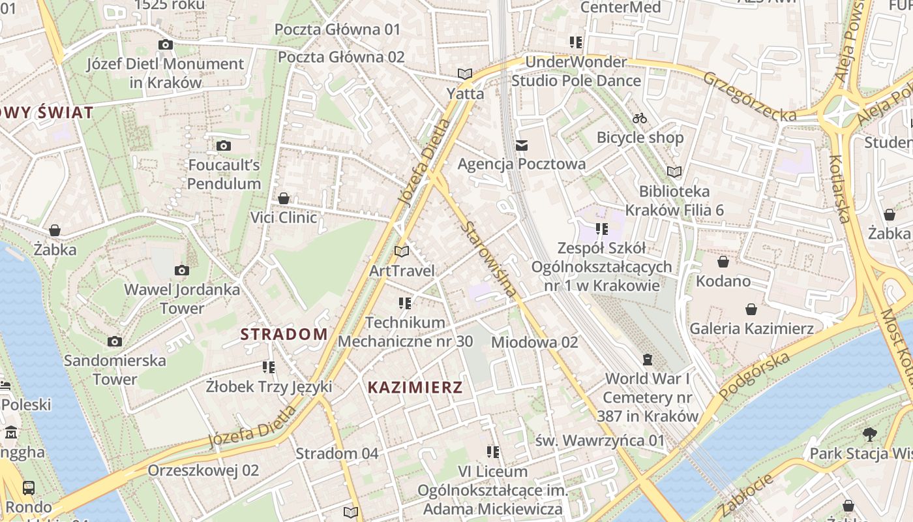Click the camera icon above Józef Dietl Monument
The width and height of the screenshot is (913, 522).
[166, 44]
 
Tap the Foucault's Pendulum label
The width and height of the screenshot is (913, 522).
[224, 174]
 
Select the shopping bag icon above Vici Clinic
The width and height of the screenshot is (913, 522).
[284, 198]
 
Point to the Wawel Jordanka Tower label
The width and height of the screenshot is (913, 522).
[182, 298]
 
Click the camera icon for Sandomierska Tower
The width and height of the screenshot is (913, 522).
[115, 341]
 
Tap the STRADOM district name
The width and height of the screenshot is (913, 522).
[284, 334]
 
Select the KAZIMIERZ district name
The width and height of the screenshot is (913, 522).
[415, 387]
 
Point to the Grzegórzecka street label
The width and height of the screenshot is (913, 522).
[749, 96]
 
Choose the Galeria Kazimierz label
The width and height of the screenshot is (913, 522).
[751, 328]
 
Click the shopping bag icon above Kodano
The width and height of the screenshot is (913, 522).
[723, 262]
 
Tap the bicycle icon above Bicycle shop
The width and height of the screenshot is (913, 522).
[640, 118]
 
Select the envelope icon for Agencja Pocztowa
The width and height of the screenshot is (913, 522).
[521, 145]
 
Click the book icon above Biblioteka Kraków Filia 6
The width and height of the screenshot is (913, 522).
[674, 172]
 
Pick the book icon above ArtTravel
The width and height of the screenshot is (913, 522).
[402, 251]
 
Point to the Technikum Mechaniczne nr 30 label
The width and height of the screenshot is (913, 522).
[405, 331]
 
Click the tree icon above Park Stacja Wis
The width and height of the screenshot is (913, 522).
[869, 434]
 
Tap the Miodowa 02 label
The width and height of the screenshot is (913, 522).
[534, 342]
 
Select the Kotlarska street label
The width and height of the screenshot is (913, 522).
[839, 189]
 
